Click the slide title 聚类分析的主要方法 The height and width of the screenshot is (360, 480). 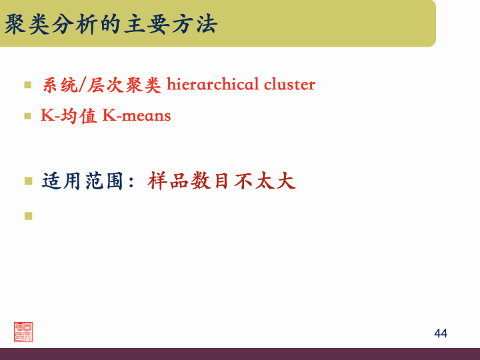pyautogui.click(x=111, y=25)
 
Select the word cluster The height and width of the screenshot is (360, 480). pyautogui.click(x=289, y=85)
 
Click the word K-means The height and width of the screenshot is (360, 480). pyautogui.click(x=137, y=115)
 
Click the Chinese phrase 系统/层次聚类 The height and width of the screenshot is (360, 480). pyautogui.click(x=102, y=85)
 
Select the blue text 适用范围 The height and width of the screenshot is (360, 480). pyautogui.click(x=82, y=181)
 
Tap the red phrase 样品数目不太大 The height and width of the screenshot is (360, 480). pyautogui.click(x=222, y=181)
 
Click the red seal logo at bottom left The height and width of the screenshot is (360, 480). pyautogui.click(x=23, y=331)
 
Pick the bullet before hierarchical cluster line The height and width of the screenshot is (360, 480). pyautogui.click(x=28, y=85)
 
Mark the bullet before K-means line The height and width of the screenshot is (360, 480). pyautogui.click(x=28, y=115)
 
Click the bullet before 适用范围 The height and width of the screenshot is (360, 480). pyautogui.click(x=28, y=181)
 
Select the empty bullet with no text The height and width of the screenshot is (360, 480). pyautogui.click(x=28, y=215)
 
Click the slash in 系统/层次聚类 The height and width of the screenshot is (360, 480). pyautogui.click(x=82, y=85)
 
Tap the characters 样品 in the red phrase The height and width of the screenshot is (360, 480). pyautogui.click(x=169, y=181)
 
